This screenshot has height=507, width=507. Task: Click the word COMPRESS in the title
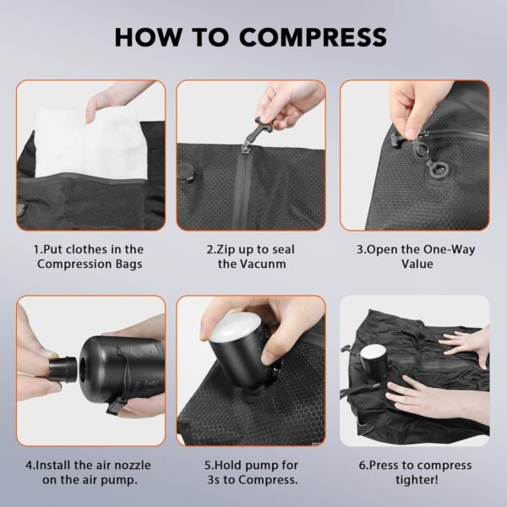[x=313, y=37]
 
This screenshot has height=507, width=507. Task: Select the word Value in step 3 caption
[x=417, y=264]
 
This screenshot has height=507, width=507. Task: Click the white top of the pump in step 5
[x=234, y=326]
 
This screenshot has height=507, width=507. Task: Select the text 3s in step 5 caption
[x=214, y=479]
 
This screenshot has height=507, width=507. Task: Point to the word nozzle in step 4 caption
[x=133, y=466]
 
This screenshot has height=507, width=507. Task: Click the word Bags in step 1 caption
[x=128, y=264]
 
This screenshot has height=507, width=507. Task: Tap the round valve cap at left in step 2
[x=186, y=173]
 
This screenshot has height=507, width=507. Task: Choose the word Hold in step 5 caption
[x=227, y=466]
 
